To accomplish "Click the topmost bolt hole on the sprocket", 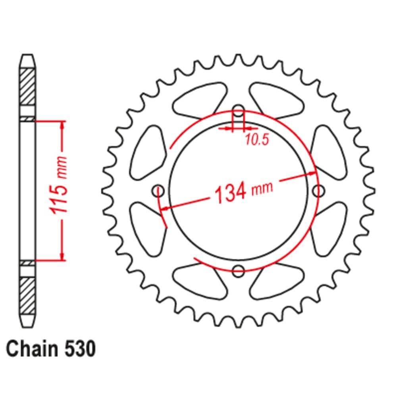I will tap(238, 111).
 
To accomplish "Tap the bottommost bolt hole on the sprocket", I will tap(238, 271).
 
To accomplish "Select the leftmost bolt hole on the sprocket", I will tap(158, 191).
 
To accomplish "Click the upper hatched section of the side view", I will tap(28, 87).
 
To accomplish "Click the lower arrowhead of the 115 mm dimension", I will tap(62, 256).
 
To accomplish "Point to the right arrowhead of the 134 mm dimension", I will tap(312, 173).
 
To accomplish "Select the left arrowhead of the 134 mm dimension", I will tap(166, 207).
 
